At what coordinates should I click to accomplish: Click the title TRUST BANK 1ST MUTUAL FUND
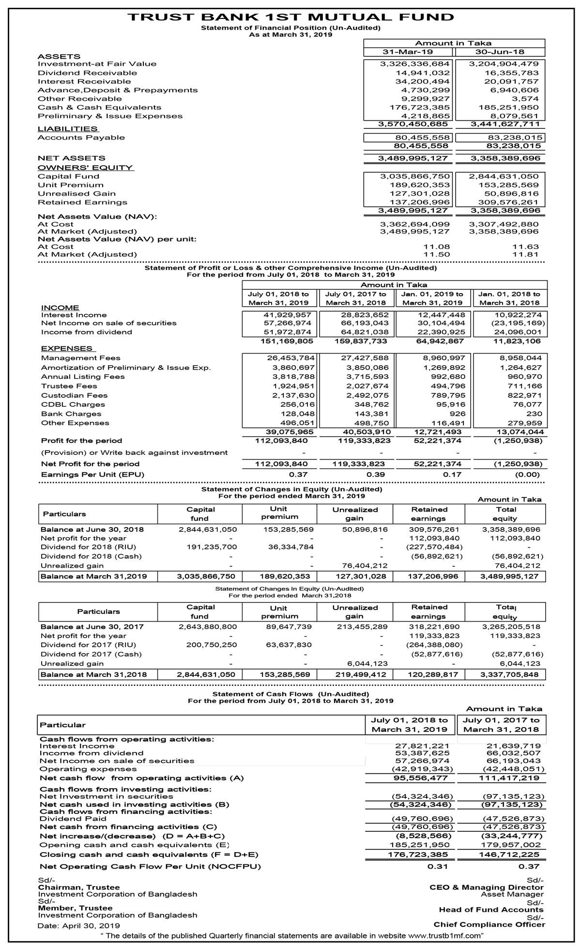point(290,17)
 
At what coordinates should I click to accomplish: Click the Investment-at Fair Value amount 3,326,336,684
point(415,64)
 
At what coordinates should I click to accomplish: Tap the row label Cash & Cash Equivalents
point(99,108)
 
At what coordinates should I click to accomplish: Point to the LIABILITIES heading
point(68,129)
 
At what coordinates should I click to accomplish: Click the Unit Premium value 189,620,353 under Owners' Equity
point(420,185)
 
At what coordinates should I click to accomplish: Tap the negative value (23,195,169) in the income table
point(518,323)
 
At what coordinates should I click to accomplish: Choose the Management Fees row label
point(81,358)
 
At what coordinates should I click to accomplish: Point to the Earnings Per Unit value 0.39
point(376,475)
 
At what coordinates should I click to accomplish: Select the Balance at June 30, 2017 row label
point(92,627)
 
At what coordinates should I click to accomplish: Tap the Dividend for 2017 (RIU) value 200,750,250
point(212,645)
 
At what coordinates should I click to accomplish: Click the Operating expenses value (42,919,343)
point(422,769)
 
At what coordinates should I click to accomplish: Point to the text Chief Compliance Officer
point(489,924)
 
